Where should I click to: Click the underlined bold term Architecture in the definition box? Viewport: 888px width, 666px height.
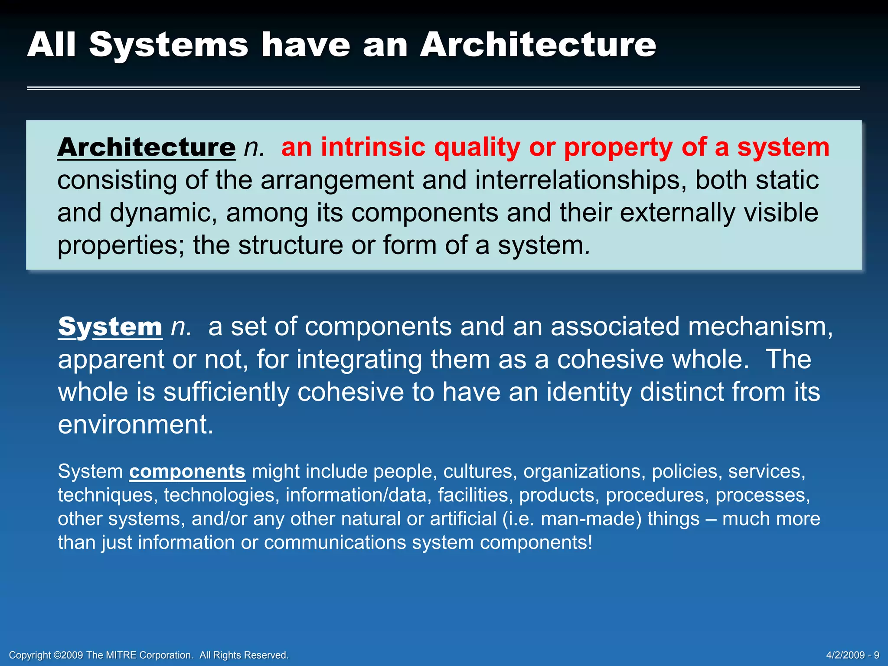coord(147,147)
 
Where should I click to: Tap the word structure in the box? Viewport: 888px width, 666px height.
coord(291,245)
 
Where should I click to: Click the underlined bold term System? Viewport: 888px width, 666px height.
coord(110,326)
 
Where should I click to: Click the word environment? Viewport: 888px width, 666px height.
coord(135,424)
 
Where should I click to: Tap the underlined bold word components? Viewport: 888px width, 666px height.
coord(187,471)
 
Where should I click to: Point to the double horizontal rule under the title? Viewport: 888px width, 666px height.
coord(443,88)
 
